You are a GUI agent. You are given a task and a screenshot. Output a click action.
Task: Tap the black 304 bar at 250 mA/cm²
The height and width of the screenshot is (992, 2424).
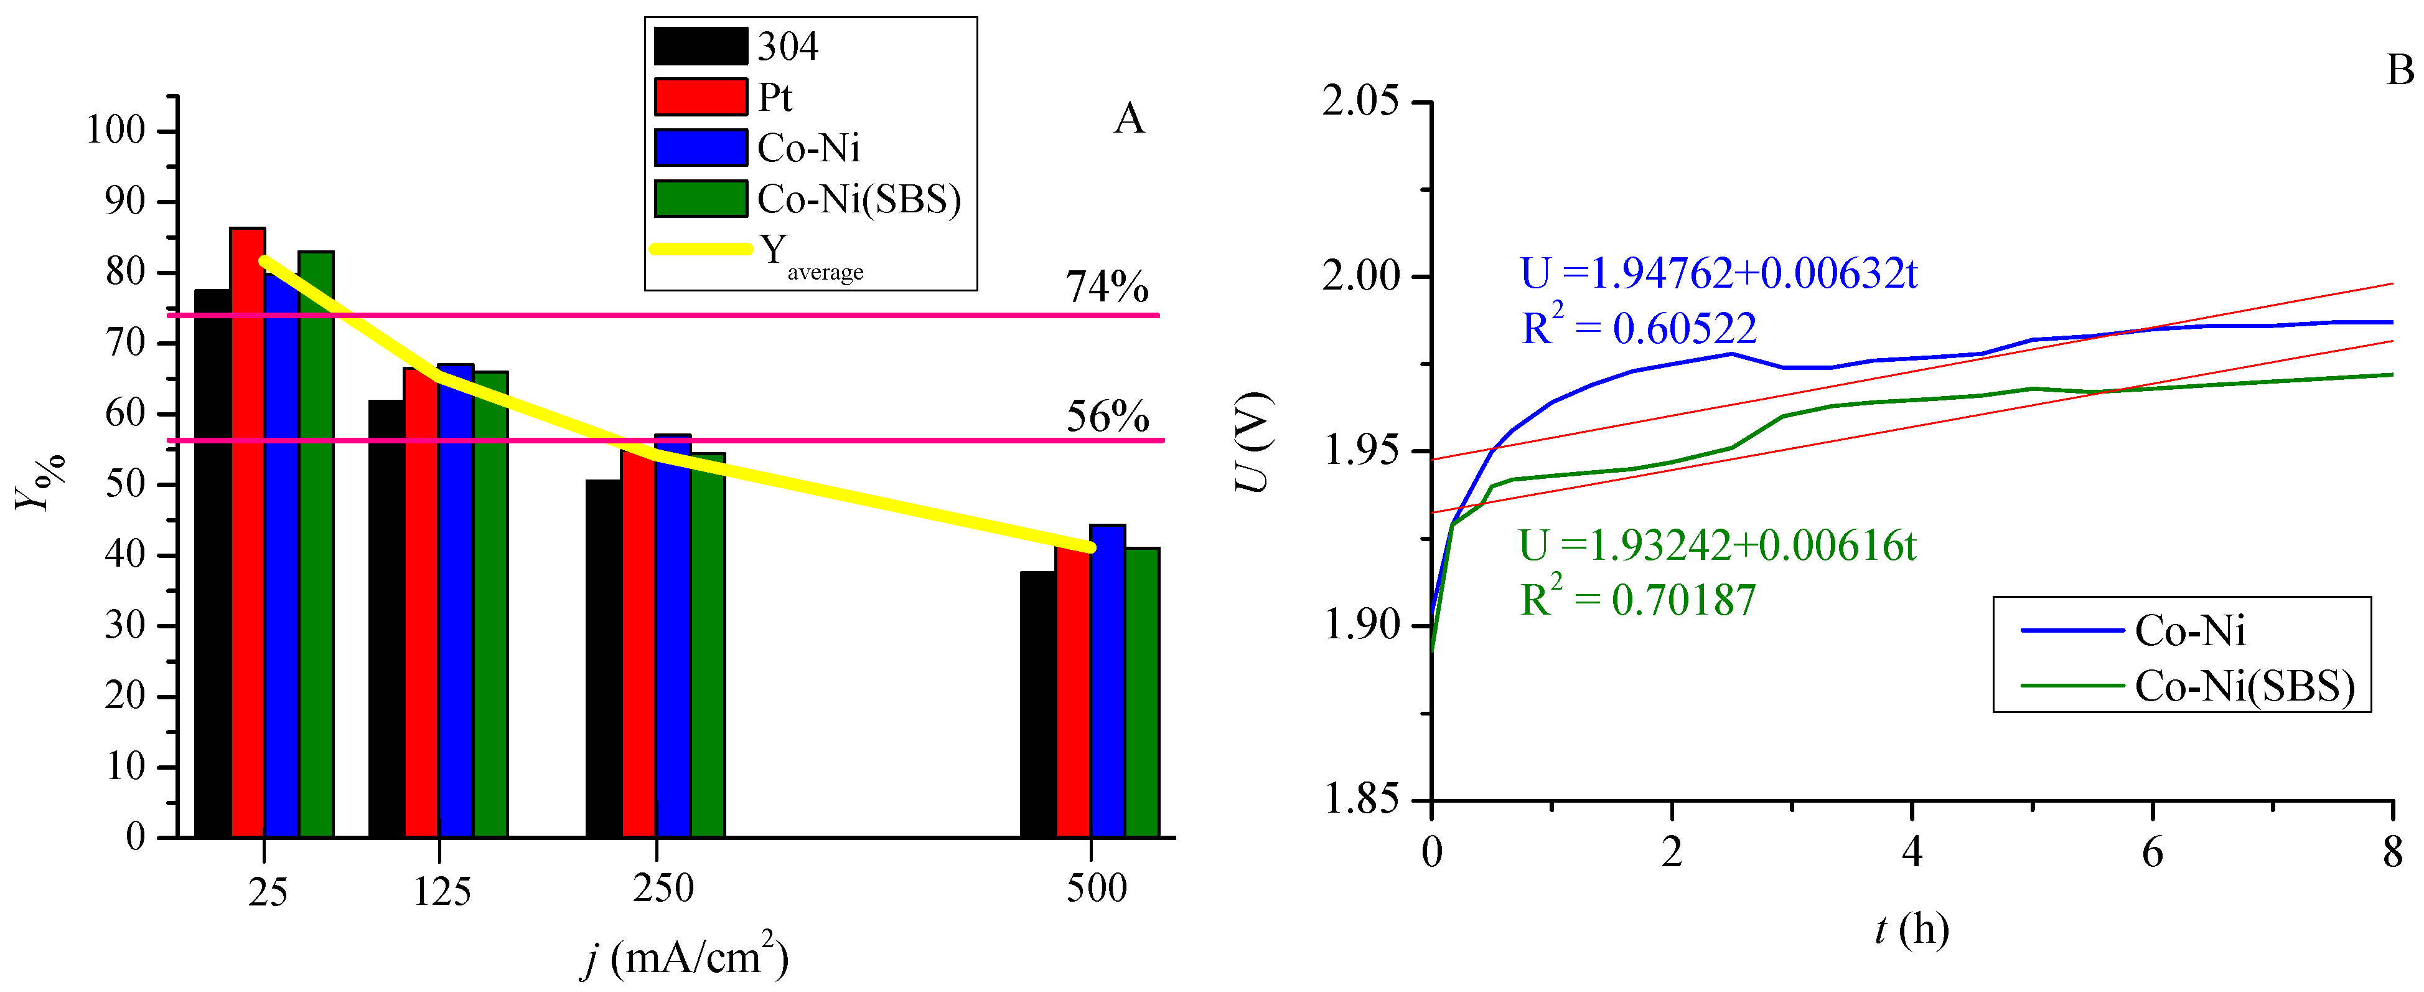(x=603, y=659)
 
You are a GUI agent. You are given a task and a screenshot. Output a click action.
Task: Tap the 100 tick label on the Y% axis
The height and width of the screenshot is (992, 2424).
(x=116, y=130)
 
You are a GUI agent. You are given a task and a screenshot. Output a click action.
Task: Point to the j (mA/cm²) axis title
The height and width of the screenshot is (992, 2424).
(x=685, y=957)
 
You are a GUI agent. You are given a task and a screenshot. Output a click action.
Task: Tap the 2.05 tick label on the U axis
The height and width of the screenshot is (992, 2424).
(x=1360, y=101)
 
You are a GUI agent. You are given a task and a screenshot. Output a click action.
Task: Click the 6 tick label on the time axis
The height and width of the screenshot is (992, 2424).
(x=2152, y=853)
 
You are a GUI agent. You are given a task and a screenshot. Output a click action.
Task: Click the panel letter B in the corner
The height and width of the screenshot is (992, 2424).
(x=2400, y=70)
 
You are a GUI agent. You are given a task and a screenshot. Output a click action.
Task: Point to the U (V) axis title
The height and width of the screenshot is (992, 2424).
(x=1253, y=442)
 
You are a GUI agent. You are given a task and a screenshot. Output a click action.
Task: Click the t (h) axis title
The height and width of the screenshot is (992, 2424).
(x=1911, y=930)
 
